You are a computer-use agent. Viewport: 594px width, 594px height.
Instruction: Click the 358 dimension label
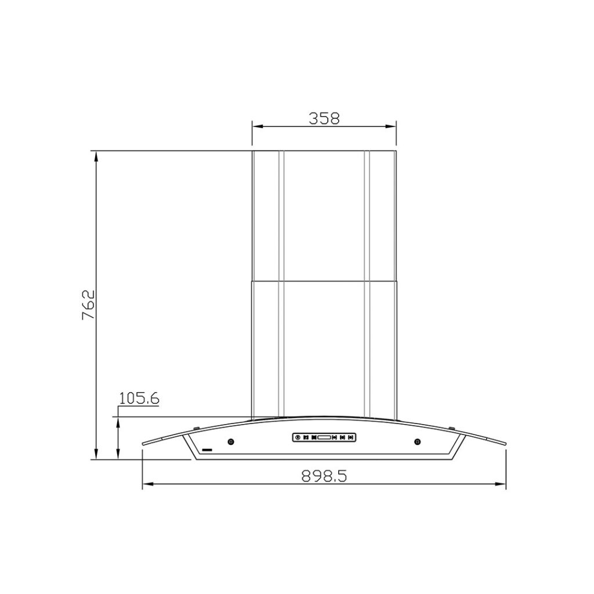(x=324, y=118)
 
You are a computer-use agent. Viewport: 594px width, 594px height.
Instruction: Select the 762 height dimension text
(x=88, y=305)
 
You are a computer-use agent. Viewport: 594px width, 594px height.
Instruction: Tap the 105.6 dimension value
(x=139, y=398)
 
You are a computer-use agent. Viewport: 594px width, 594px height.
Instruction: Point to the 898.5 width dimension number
(x=324, y=476)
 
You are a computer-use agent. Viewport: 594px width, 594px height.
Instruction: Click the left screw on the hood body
(x=231, y=441)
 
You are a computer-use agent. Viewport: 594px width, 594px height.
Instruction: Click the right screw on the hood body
(x=417, y=441)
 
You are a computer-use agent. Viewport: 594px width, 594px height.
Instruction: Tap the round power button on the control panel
(x=298, y=437)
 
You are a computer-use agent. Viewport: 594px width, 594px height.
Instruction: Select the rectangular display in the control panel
(x=324, y=437)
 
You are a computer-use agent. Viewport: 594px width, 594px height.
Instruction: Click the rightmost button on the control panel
(x=351, y=437)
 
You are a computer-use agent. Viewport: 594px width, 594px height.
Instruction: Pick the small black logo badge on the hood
(x=207, y=450)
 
